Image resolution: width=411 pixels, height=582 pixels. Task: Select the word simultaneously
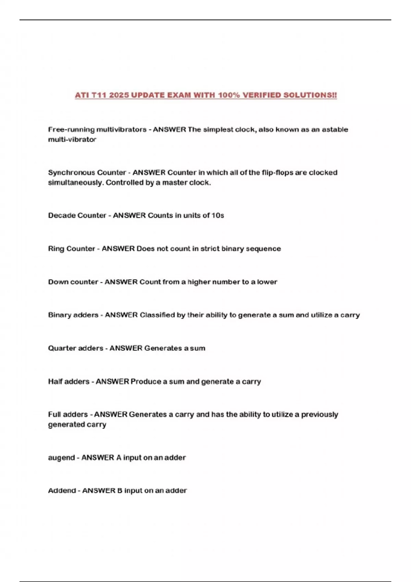pos(75,183)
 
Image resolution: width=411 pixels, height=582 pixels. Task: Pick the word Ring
pos(56,249)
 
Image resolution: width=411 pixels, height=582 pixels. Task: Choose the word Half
pos(55,382)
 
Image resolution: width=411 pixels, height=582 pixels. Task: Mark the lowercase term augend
pos(61,458)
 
